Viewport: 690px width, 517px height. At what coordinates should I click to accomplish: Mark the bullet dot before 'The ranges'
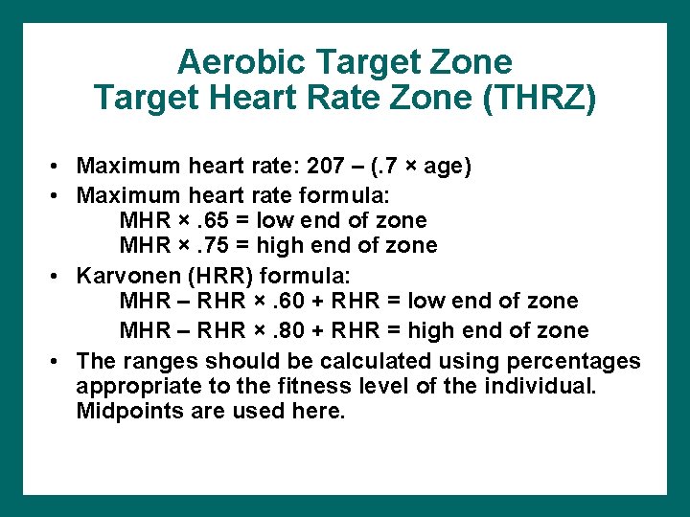tap(58, 362)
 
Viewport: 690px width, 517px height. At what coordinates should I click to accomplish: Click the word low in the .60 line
tap(424, 301)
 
